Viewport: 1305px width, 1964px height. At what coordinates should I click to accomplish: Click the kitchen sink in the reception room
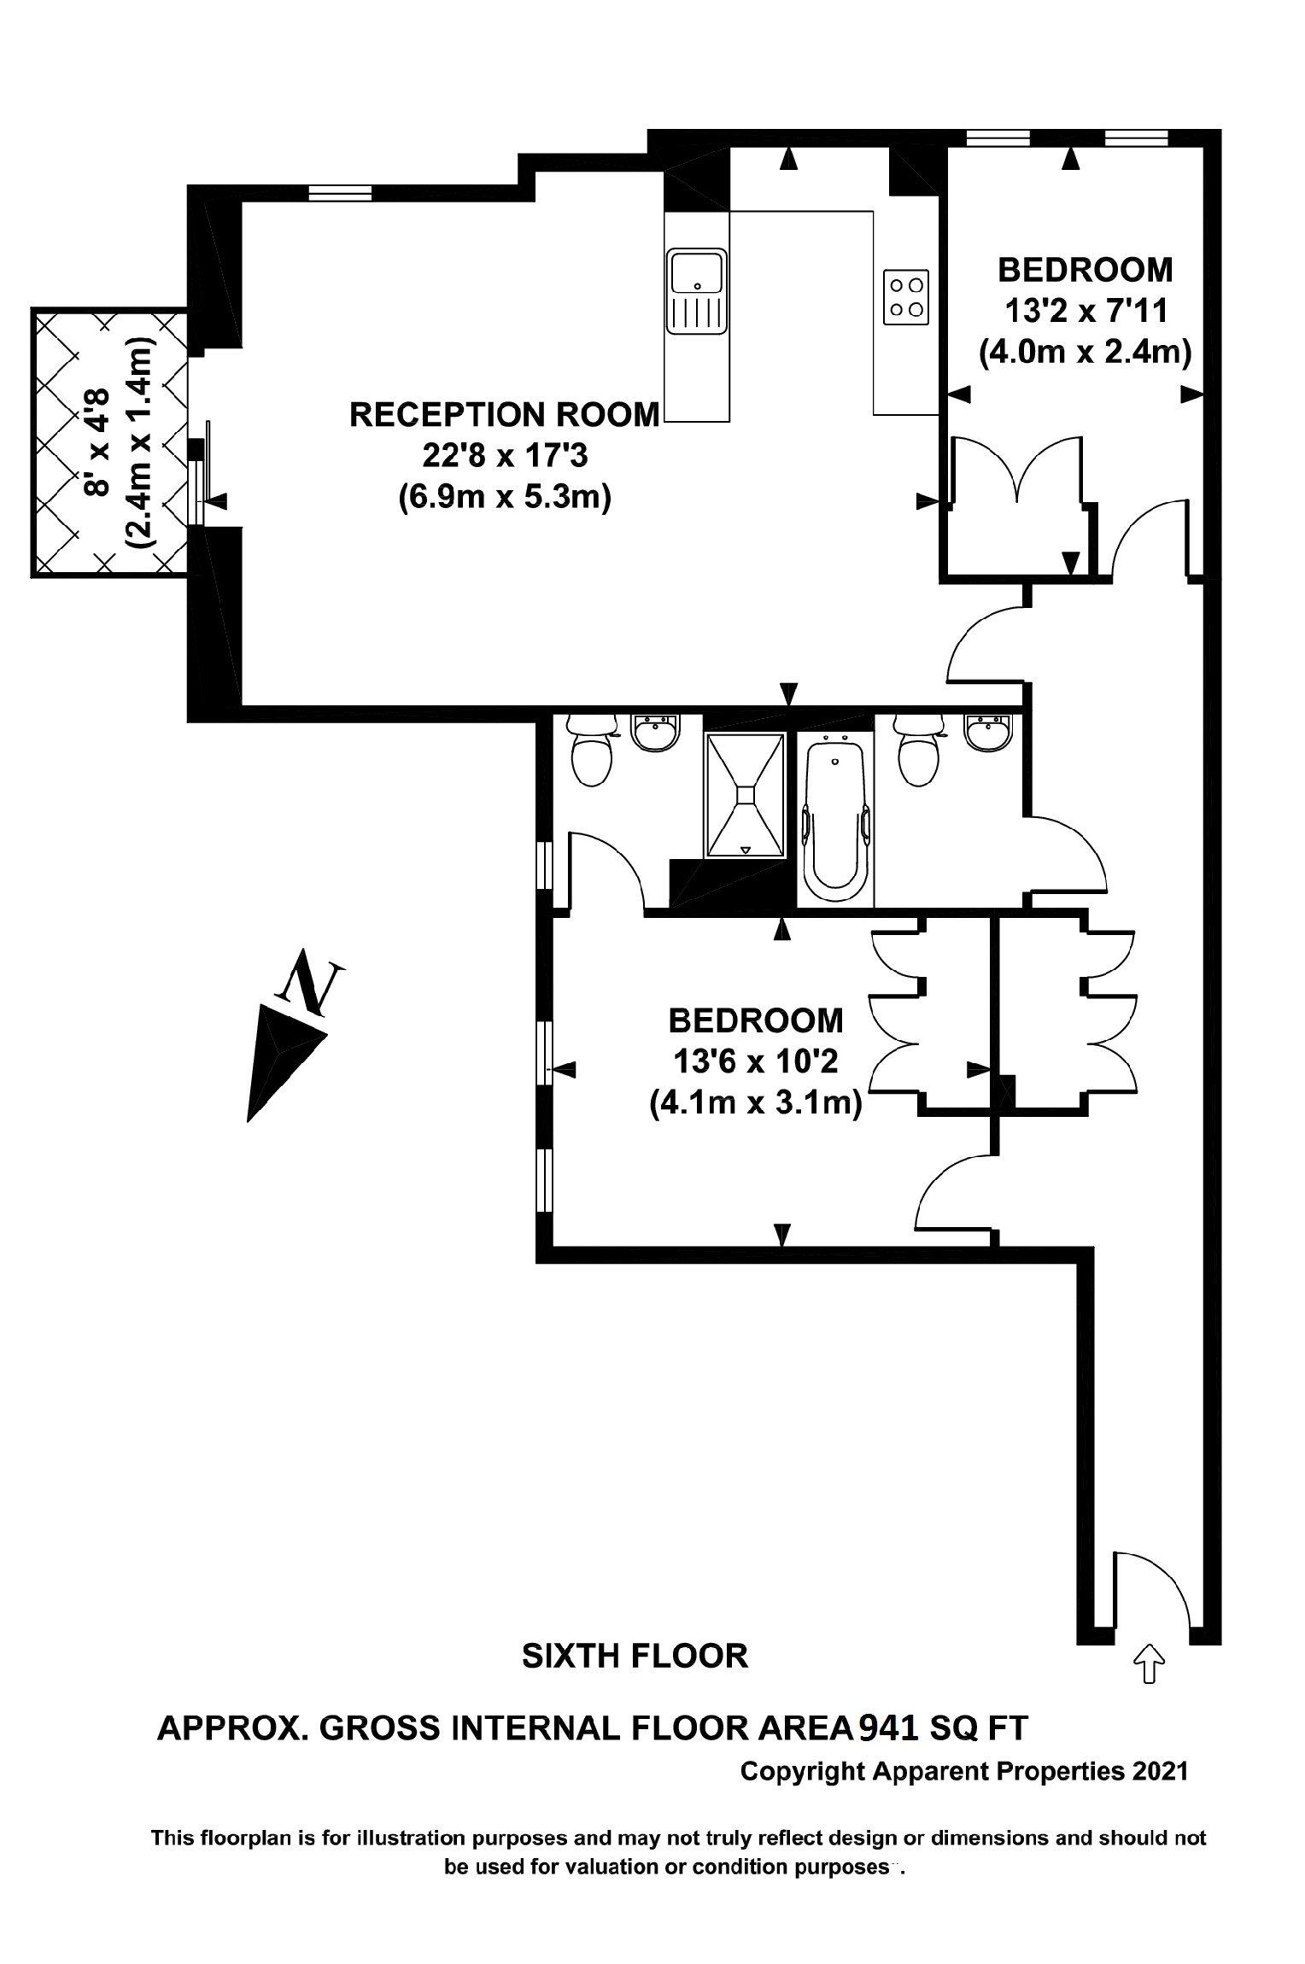697,291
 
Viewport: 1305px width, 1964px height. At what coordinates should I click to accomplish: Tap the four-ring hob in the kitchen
906,297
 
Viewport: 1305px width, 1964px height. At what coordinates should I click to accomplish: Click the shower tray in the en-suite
744,794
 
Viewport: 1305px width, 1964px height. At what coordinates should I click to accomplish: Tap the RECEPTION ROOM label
504,415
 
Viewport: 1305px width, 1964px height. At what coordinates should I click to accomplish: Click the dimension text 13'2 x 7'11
1085,311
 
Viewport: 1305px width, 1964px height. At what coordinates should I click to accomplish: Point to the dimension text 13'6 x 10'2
755,1061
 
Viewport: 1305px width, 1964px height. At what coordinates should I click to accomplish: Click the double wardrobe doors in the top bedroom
1017,470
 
